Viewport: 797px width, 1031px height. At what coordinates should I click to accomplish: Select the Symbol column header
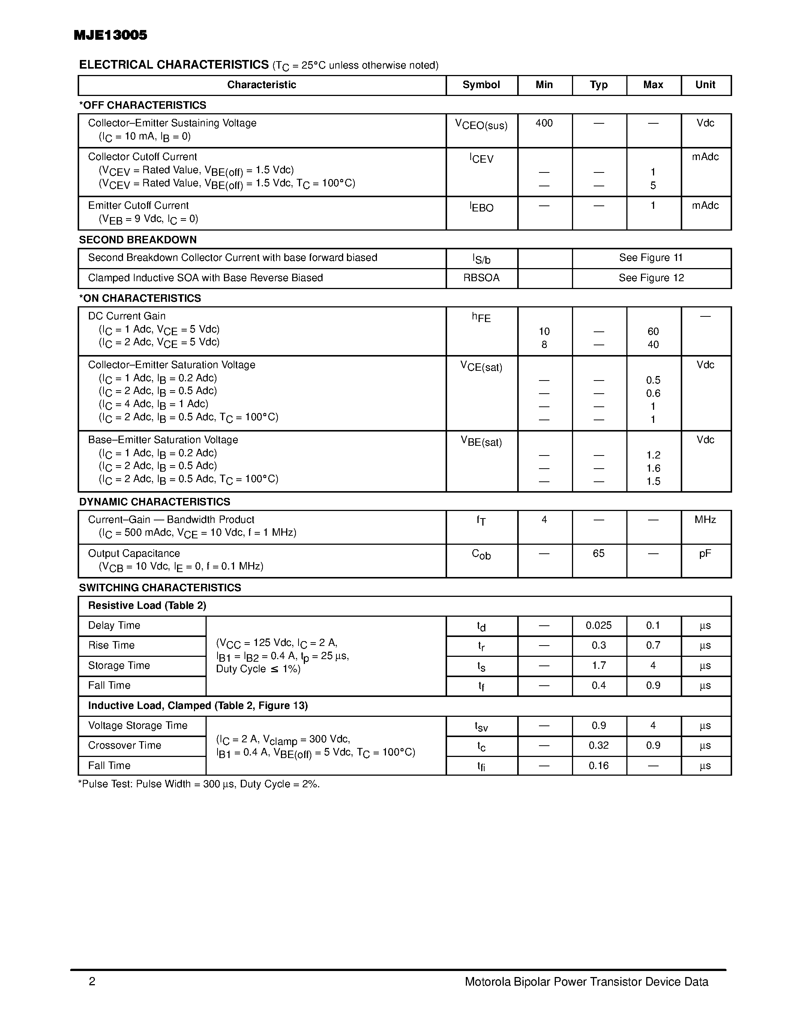pyautogui.click(x=481, y=85)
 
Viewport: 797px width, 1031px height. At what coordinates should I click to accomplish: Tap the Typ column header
pyautogui.click(x=598, y=85)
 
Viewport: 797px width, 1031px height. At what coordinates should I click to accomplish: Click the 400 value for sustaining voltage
pyautogui.click(x=544, y=123)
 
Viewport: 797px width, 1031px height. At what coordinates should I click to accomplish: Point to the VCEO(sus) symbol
pyautogui.click(x=481, y=124)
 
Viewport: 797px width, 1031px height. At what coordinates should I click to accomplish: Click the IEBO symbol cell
pyautogui.click(x=481, y=207)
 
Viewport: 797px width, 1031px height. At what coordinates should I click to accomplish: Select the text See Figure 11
pyautogui.click(x=651, y=258)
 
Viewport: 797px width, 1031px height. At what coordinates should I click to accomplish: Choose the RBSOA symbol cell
pyautogui.click(x=481, y=278)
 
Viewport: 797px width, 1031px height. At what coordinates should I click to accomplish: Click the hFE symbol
pyautogui.click(x=481, y=317)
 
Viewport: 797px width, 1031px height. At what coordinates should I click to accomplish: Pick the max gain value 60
pyautogui.click(x=653, y=332)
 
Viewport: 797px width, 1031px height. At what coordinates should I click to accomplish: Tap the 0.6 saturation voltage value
pyautogui.click(x=653, y=393)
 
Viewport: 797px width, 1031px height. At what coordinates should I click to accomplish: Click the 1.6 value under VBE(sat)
pyautogui.click(x=653, y=468)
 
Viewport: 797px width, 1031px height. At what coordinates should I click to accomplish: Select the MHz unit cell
pyautogui.click(x=705, y=520)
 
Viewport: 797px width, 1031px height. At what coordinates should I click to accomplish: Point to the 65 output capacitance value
pyautogui.click(x=598, y=553)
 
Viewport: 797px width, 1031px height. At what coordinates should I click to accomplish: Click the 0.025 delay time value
pyautogui.click(x=598, y=625)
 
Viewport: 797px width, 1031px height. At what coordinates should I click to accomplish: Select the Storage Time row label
pyautogui.click(x=119, y=665)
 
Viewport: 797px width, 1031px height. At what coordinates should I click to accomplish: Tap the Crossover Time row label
pyautogui.click(x=125, y=745)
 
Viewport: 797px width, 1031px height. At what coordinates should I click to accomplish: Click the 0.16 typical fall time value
pyautogui.click(x=598, y=766)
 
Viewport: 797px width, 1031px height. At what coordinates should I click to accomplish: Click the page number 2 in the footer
pyautogui.click(x=92, y=982)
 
